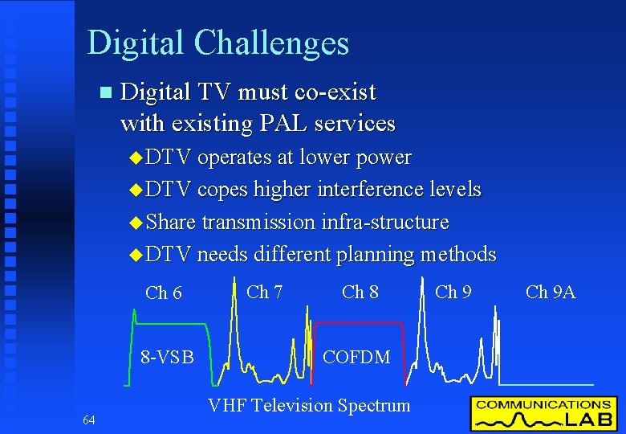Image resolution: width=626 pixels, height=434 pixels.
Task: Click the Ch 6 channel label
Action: click(x=163, y=293)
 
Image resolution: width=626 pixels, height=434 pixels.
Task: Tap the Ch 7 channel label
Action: click(x=264, y=292)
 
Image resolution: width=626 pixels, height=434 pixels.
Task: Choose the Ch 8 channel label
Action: click(x=360, y=292)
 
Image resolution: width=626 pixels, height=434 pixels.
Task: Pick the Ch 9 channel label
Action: click(x=453, y=292)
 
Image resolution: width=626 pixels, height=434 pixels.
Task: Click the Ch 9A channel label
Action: click(x=551, y=292)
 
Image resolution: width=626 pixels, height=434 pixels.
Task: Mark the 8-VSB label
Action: click(x=167, y=356)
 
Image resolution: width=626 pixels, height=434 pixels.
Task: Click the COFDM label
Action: click(x=356, y=356)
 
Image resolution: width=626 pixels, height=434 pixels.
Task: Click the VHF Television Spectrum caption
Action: click(x=309, y=406)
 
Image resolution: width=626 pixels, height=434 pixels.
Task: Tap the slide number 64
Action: click(x=88, y=420)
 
